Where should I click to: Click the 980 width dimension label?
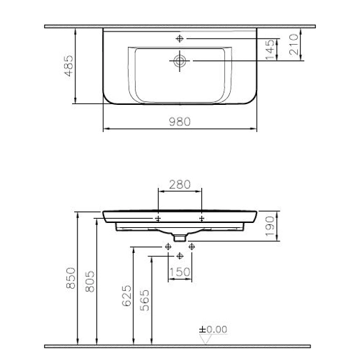pyautogui.click(x=180, y=122)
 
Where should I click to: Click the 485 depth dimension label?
pyautogui.click(x=69, y=66)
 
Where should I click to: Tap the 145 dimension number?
pyautogui.click(x=270, y=50)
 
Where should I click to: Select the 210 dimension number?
pyautogui.click(x=294, y=45)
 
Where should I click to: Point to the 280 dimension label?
pyautogui.click(x=180, y=185)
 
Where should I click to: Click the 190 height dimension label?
pyautogui.click(x=271, y=226)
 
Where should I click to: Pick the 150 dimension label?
pyautogui.click(x=180, y=272)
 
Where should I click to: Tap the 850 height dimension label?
pyautogui.click(x=71, y=278)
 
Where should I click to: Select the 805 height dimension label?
pyautogui.click(x=90, y=282)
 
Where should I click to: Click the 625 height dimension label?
pyautogui.click(x=127, y=296)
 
